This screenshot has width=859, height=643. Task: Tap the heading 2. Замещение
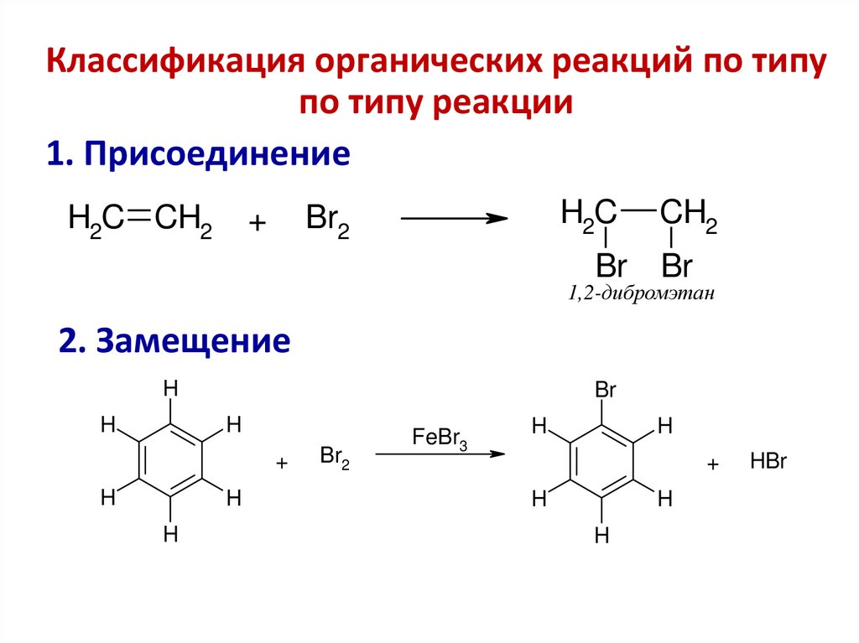click(x=174, y=341)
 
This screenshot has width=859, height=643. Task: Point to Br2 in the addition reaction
click(x=327, y=221)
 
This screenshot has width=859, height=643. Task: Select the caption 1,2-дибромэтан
click(x=641, y=294)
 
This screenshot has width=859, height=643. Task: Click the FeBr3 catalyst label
click(x=440, y=438)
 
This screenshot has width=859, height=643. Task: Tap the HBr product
click(x=768, y=463)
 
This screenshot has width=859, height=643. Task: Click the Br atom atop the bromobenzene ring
click(x=605, y=391)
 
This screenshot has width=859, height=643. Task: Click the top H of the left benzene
click(x=171, y=389)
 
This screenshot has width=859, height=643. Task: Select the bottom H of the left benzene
click(x=171, y=534)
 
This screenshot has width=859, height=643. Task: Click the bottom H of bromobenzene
click(x=601, y=536)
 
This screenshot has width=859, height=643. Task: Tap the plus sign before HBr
click(x=714, y=464)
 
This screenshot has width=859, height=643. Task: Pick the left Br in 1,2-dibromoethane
click(x=611, y=267)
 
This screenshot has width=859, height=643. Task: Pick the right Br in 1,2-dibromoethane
click(x=676, y=267)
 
